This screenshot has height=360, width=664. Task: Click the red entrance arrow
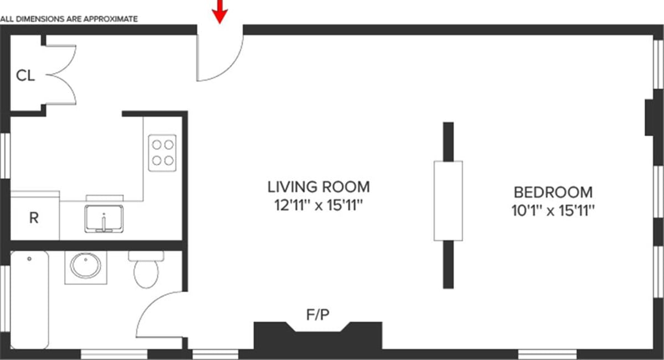click(x=220, y=11)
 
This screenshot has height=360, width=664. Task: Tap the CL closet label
click(x=25, y=76)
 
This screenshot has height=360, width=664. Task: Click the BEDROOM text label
click(x=553, y=192)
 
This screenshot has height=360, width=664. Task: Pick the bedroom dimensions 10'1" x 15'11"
click(x=553, y=211)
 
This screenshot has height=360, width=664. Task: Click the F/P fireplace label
click(x=318, y=315)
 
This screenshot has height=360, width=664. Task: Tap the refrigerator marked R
click(x=34, y=217)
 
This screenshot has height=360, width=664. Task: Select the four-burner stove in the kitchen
click(x=162, y=152)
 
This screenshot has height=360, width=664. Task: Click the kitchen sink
click(x=103, y=218)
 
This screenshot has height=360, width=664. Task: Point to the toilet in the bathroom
click(x=146, y=269)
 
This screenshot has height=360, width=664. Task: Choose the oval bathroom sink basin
click(x=86, y=267)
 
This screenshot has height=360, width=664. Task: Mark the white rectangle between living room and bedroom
click(x=448, y=201)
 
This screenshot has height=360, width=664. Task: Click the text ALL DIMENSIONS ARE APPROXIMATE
click(x=69, y=19)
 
